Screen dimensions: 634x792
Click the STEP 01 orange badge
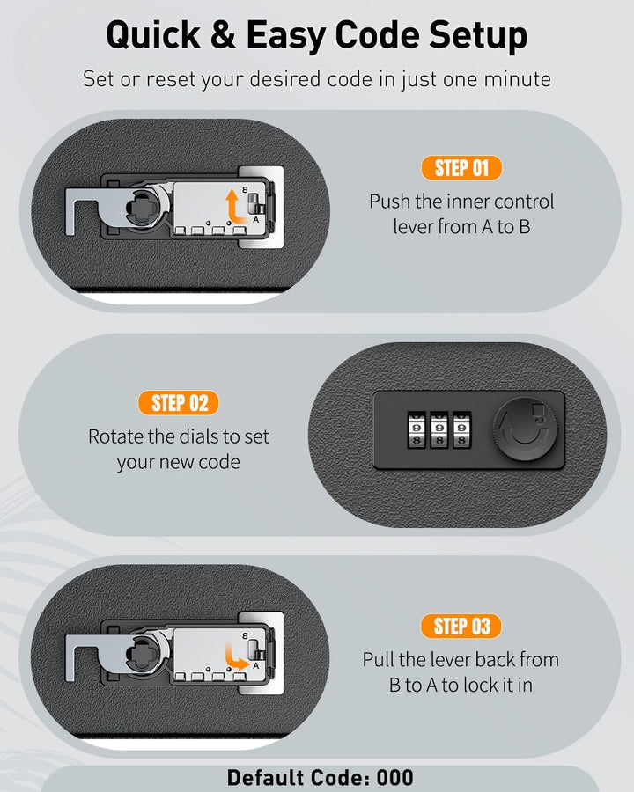[461, 168]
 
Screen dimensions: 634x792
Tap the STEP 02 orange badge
[179, 403]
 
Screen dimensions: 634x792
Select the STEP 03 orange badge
[461, 627]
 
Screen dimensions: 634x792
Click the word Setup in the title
[478, 36]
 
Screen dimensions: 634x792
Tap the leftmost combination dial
[417, 429]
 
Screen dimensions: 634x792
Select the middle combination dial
[439, 429]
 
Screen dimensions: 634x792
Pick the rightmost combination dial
[461, 429]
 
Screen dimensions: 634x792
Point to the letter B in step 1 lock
[245, 190]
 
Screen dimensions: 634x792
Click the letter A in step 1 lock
[256, 220]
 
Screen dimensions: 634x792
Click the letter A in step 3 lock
[256, 666]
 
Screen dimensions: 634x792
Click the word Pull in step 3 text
[378, 660]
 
